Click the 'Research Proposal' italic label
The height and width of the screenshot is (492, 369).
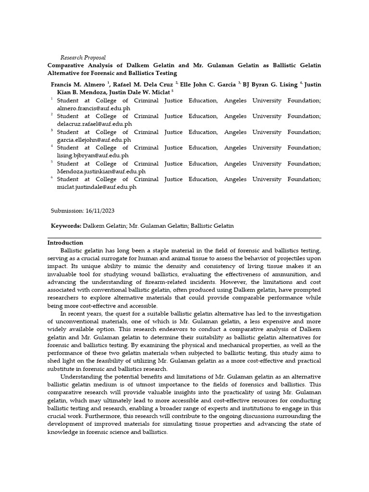point(83,58)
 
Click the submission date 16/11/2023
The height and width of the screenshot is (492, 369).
point(99,210)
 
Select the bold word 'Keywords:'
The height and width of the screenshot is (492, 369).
point(66,226)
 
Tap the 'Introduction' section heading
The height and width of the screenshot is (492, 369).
point(65,243)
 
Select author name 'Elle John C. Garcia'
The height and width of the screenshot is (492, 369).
point(208,85)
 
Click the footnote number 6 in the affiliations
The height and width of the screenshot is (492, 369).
point(52,178)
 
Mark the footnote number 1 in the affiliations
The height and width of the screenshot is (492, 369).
point(52,99)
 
